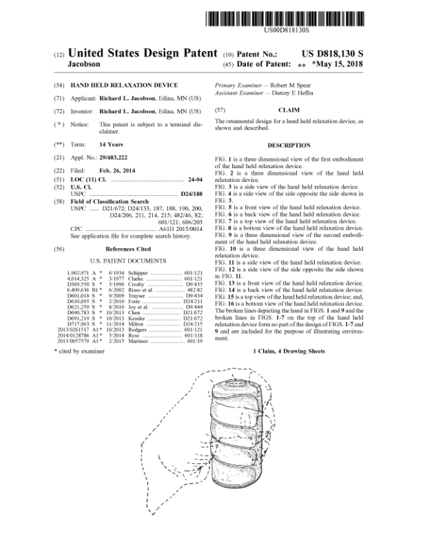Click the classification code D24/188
[189, 194]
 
